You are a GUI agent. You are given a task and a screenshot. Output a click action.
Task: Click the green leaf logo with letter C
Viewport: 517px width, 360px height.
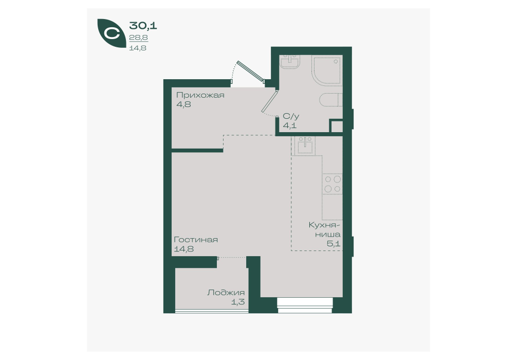pyautogui.click(x=112, y=33)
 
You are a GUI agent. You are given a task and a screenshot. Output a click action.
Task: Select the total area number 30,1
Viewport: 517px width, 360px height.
pyautogui.click(x=143, y=25)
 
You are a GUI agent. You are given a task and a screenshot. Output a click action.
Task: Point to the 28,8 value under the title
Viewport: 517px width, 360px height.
pyautogui.click(x=138, y=38)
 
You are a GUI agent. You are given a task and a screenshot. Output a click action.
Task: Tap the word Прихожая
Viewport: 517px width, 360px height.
pyautogui.click(x=200, y=95)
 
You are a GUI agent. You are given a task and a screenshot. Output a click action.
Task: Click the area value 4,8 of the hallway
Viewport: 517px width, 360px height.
pyautogui.click(x=183, y=104)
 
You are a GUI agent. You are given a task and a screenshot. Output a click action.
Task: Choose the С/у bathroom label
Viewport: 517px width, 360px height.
pyautogui.click(x=291, y=116)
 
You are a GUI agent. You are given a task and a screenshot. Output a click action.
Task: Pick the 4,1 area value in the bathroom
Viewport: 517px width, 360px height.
pyautogui.click(x=290, y=125)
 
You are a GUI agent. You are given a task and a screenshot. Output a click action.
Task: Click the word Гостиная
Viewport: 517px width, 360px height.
pyautogui.click(x=196, y=240)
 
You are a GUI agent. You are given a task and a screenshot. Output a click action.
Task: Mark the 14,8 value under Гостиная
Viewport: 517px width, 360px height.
pyautogui.click(x=183, y=249)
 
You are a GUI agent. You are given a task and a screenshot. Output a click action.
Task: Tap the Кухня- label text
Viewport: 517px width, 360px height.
pyautogui.click(x=324, y=225)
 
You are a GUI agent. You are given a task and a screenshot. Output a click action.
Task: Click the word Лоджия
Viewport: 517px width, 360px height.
pyautogui.click(x=226, y=293)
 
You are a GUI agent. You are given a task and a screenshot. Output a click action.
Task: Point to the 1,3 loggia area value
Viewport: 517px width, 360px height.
pyautogui.click(x=238, y=302)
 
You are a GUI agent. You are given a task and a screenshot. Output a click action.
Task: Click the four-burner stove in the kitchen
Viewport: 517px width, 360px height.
pyautogui.click(x=333, y=184)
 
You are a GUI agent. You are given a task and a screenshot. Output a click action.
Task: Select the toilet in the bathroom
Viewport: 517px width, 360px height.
pyautogui.click(x=331, y=100)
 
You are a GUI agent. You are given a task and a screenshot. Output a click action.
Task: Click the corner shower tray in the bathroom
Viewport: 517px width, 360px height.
pyautogui.click(x=327, y=70)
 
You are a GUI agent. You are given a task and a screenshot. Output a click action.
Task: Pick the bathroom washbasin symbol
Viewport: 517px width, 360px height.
pyautogui.click(x=290, y=61)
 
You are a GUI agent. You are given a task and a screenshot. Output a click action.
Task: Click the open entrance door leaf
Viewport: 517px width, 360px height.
pyautogui.click(x=251, y=71)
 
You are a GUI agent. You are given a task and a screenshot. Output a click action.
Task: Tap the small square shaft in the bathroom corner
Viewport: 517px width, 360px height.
pyautogui.click(x=336, y=127)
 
